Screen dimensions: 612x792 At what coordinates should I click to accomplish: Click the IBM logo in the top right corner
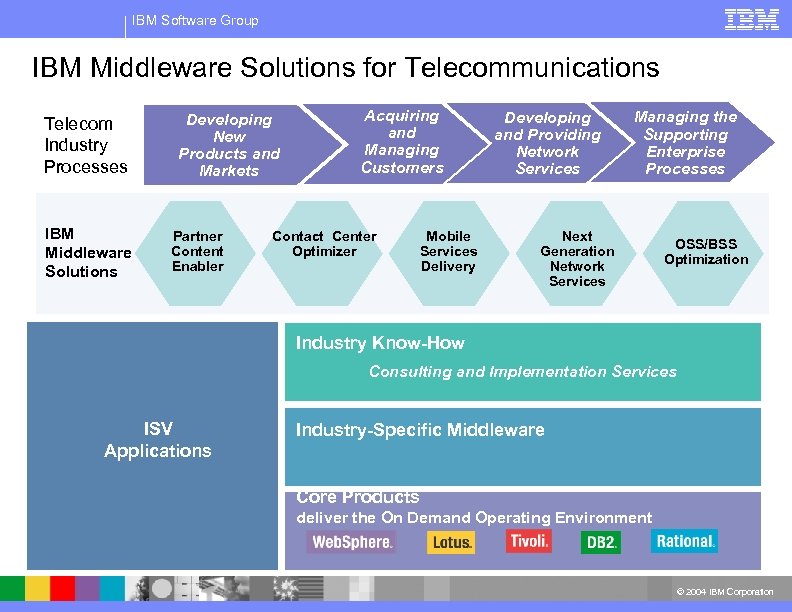coord(751,19)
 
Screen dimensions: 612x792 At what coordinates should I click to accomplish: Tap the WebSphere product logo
coord(351,542)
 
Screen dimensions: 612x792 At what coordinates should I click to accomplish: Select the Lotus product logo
coord(451,542)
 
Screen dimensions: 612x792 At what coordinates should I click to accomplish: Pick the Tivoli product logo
coord(528,541)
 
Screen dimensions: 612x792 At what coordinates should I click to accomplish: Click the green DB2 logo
coord(600,542)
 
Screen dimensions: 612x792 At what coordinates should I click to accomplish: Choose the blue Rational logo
coord(685,541)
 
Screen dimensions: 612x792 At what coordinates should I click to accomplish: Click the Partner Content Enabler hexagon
coord(197,252)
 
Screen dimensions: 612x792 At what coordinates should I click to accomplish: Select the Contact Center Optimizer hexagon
coord(324,245)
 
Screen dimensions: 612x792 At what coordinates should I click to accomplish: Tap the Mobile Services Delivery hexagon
coord(448,252)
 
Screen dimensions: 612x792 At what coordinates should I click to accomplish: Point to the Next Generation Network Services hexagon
coord(577,259)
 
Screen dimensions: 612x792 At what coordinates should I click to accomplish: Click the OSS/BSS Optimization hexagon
coord(705,252)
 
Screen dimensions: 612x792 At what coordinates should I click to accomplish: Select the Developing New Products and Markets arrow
coord(229,145)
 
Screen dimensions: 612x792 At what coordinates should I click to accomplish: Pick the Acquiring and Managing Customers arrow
coord(402,142)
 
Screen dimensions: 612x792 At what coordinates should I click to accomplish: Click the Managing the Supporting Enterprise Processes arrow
coord(686,143)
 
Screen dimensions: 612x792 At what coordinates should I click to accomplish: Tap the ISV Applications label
coord(158,440)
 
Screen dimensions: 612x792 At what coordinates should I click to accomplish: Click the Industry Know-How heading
coord(380,343)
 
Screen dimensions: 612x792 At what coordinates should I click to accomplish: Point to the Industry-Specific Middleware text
coord(420,430)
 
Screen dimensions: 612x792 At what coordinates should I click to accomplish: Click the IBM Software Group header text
coord(195,20)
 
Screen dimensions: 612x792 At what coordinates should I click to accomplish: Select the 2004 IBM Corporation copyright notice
coord(725,592)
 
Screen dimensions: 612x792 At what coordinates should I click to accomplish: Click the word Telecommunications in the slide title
coord(532,68)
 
